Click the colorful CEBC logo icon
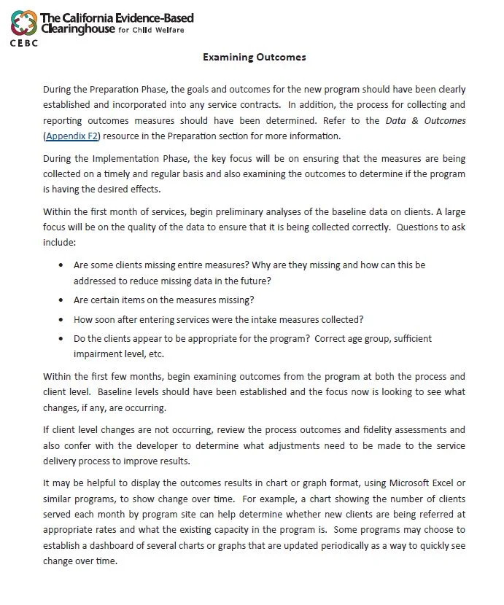24,24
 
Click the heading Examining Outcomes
254,57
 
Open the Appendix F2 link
72,136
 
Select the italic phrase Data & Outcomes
425,121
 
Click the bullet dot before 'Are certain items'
60,300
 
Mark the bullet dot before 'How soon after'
60,319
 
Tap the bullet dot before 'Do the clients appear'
60,339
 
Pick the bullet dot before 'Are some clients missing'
60,265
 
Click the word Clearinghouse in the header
78,29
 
